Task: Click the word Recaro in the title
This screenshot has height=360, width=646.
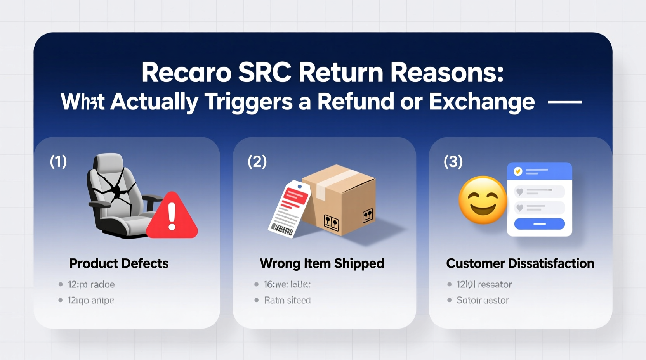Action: click(186, 73)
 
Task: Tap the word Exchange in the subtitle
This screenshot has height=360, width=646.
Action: click(482, 102)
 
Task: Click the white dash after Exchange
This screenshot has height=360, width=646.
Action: click(564, 102)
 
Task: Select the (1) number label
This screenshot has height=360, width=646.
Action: click(58, 161)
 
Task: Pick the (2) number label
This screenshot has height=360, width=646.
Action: click(257, 161)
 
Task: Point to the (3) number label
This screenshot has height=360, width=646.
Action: click(453, 161)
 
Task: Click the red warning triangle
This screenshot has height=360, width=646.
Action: click(172, 217)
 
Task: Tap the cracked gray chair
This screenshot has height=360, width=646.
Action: click(116, 194)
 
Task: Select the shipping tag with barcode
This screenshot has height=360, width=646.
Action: click(289, 209)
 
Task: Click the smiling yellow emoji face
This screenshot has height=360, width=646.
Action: click(483, 200)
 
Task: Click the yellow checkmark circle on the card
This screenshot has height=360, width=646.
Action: click(517, 171)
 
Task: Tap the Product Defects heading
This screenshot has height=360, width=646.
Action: click(119, 263)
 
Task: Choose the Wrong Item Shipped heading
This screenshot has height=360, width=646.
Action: click(322, 263)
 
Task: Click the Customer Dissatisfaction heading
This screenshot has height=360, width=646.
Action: click(520, 263)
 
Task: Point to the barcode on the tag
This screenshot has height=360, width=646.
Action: click(282, 230)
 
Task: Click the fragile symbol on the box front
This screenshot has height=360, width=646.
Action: click(331, 222)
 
